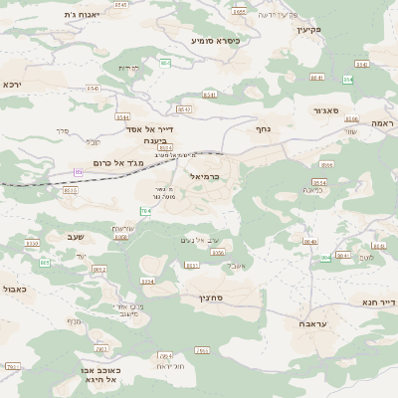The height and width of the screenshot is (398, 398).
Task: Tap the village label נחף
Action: [x=263, y=128]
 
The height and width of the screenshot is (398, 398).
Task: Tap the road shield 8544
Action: [x=122, y=116]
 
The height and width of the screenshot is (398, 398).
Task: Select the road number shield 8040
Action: [x=309, y=241]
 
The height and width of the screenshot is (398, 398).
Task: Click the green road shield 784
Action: [x=146, y=211]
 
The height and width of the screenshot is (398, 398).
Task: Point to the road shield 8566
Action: [x=327, y=164]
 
